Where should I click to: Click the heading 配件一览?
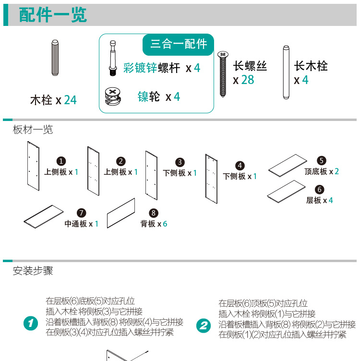[x=53, y=15]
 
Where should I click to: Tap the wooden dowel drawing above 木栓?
[x=55, y=58]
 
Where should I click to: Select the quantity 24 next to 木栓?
[x=70, y=100]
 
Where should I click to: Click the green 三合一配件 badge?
[x=179, y=44]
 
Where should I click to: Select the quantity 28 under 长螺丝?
[x=248, y=80]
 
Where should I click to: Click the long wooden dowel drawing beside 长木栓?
[x=286, y=72]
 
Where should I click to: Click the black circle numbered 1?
[x=61, y=161]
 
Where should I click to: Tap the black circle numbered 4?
[x=240, y=166]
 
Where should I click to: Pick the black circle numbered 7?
[x=82, y=213]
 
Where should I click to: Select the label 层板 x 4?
[x=320, y=200]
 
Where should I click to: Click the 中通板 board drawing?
[x=44, y=217]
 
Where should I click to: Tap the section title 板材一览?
[x=33, y=130]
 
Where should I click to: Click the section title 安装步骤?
[x=33, y=271]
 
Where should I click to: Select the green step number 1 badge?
[x=30, y=324]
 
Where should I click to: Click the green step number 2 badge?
[x=204, y=326]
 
